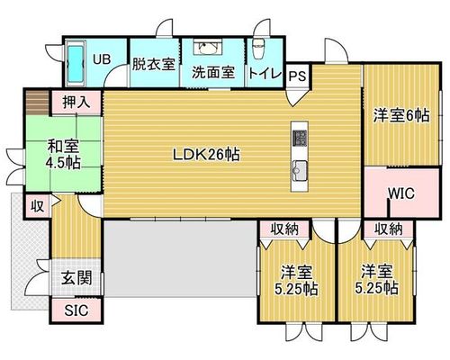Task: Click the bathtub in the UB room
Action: pyautogui.click(x=75, y=63)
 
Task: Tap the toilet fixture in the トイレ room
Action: pyautogui.click(x=258, y=49)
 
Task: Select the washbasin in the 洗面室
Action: pyautogui.click(x=208, y=47)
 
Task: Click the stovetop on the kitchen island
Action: pyautogui.click(x=300, y=139)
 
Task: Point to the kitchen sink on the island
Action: pyautogui.click(x=300, y=170)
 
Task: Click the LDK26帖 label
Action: pyautogui.click(x=206, y=155)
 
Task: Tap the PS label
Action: pyautogui.click(x=297, y=76)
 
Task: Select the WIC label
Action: pyautogui.click(x=401, y=193)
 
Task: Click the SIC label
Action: pyautogui.click(x=76, y=310)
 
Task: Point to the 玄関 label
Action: pyautogui.click(x=76, y=278)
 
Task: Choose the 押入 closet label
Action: pyautogui.click(x=76, y=103)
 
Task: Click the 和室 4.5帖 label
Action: pyautogui.click(x=63, y=155)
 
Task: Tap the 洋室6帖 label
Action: pyautogui.click(x=401, y=115)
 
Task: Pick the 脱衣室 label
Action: pyautogui.click(x=154, y=64)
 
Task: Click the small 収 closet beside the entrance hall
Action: pyautogui.click(x=38, y=206)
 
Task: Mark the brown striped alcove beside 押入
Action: pyautogui.click(x=37, y=103)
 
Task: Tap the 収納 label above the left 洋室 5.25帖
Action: pyautogui.click(x=284, y=229)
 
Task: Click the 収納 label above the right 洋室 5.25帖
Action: pyautogui.click(x=388, y=229)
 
